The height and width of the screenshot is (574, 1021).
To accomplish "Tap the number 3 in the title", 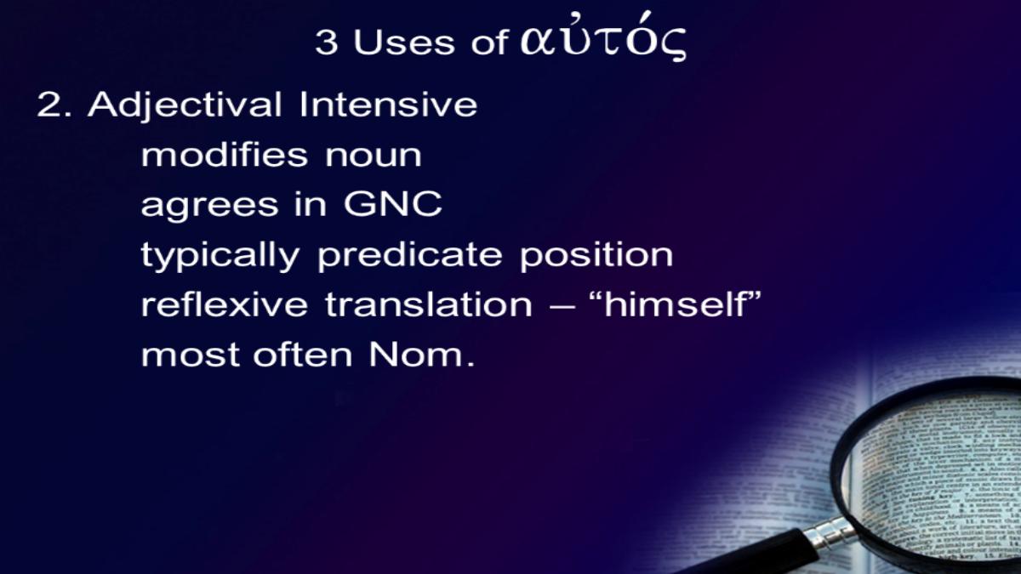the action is (x=327, y=43).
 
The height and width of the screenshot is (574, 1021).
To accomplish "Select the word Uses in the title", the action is (x=404, y=43).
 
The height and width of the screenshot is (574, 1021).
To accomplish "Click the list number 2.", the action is (x=54, y=105).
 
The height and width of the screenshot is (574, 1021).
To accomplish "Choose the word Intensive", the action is (x=388, y=105).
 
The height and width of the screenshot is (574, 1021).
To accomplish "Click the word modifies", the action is (x=225, y=155).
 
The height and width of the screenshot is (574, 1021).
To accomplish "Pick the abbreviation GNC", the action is (x=392, y=204).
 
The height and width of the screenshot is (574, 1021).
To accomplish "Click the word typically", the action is (x=220, y=256).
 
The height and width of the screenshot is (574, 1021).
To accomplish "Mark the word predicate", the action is (x=410, y=256).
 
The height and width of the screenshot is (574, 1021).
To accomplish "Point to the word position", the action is (x=596, y=256).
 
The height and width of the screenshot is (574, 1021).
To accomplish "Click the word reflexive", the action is (x=225, y=304).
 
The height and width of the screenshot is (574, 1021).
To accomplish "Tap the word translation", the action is (x=429, y=304).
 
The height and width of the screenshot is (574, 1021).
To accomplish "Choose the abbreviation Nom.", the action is (x=422, y=354).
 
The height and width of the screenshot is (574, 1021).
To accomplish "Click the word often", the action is (x=303, y=354).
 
